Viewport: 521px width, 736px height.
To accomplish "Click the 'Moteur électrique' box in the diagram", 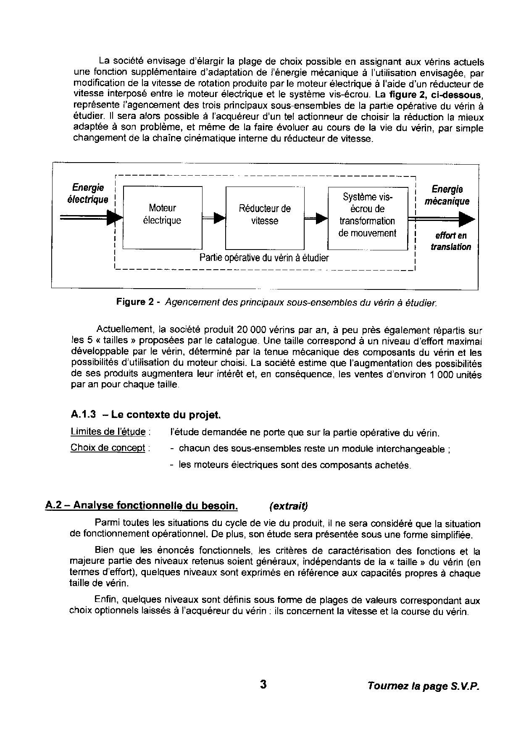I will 162,218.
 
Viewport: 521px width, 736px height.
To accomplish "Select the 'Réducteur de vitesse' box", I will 264,218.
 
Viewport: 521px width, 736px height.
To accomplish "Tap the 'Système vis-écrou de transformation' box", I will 367,218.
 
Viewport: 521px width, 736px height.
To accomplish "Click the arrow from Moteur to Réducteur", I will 214,218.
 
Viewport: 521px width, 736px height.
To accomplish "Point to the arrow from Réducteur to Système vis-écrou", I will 316,218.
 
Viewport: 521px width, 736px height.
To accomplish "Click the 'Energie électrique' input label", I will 88,193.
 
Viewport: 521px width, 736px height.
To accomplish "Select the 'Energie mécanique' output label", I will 447,195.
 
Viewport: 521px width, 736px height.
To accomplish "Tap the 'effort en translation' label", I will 450,241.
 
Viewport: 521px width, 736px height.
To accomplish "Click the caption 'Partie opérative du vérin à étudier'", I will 264,258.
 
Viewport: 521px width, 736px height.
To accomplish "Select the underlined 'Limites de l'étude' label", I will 108,431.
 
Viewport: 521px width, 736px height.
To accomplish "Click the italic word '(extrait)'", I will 288,506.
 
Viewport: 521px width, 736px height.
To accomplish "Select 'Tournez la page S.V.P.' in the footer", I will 423,686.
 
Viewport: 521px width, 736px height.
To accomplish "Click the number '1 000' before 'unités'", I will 436,374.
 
